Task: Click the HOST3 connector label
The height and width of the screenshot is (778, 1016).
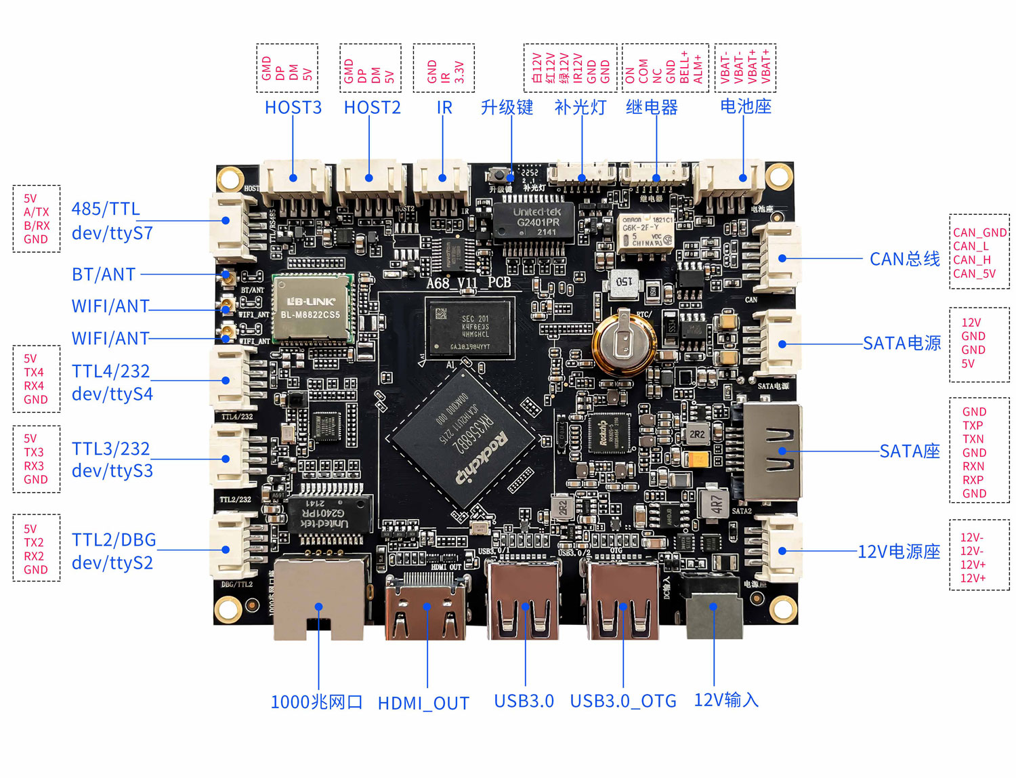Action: [x=293, y=107]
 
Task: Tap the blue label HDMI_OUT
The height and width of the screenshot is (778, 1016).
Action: [x=423, y=703]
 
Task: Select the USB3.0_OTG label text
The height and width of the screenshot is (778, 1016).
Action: [x=623, y=701]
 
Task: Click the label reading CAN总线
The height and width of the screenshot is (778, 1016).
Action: [x=904, y=259]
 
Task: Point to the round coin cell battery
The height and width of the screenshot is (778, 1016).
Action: [x=624, y=337]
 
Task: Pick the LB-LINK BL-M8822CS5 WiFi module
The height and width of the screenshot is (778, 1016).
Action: [x=312, y=309]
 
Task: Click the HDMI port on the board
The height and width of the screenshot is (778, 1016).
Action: [x=427, y=609]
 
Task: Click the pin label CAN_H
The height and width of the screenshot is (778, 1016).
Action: [x=972, y=260]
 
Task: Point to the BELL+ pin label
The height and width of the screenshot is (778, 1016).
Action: [x=684, y=67]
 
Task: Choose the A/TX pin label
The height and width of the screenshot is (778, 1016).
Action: [x=37, y=212]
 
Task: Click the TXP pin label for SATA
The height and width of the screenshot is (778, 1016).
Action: [x=973, y=426]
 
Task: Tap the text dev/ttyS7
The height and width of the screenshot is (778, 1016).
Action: [x=112, y=233]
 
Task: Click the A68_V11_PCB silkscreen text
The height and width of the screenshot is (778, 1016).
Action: [x=468, y=283]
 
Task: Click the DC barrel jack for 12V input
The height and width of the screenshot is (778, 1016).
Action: [x=713, y=607]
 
